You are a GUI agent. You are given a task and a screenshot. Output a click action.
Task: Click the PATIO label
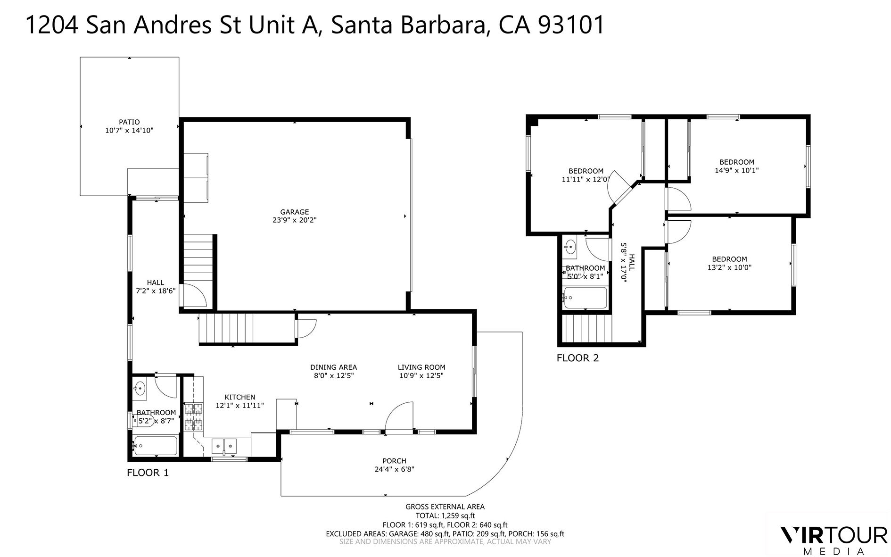(129, 122)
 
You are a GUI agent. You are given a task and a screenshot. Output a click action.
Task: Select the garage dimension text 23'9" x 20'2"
(295, 220)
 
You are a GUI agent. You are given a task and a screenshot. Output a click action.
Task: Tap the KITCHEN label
(239, 397)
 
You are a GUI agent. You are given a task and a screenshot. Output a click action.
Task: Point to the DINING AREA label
(333, 367)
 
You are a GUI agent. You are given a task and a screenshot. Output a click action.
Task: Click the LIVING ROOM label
(421, 367)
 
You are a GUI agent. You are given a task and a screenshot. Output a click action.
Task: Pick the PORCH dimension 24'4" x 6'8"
(395, 469)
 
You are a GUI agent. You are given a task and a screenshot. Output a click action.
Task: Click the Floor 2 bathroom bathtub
(585, 298)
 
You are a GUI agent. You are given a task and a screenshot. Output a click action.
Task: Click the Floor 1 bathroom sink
(140, 389)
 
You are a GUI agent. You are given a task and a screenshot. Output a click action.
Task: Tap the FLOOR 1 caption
(148, 473)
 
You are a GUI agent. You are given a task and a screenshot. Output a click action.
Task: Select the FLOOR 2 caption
(577, 358)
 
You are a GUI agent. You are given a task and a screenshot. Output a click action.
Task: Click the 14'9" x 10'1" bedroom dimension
(736, 171)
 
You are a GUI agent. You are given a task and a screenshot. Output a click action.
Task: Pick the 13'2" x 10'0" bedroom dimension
(729, 267)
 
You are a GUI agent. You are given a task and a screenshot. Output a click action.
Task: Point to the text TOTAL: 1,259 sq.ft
(445, 516)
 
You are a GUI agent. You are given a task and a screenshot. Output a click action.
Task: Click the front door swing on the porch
(399, 416)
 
